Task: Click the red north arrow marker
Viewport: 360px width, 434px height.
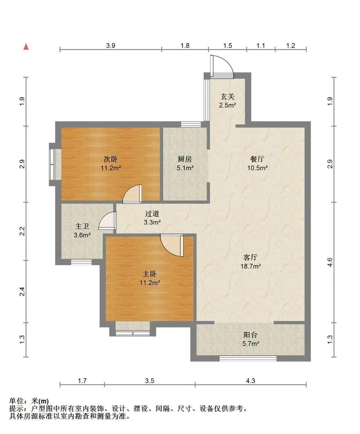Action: (x=26, y=47)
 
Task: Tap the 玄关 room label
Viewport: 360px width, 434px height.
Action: (x=227, y=97)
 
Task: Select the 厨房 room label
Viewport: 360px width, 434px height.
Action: (x=185, y=159)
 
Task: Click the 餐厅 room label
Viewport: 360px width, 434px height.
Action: (x=257, y=159)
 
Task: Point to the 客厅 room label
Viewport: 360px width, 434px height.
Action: (x=251, y=257)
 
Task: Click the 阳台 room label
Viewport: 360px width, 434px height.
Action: (x=251, y=335)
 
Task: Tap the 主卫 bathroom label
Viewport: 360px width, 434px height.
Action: (x=82, y=226)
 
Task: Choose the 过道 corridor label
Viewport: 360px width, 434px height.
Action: (x=152, y=213)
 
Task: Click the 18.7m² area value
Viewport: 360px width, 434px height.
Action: (x=251, y=266)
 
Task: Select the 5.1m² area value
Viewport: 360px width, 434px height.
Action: (x=185, y=168)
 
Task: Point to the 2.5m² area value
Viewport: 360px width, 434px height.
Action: (x=227, y=105)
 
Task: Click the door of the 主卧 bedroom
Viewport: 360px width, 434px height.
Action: (x=172, y=245)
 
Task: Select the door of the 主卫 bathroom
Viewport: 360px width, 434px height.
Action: (x=107, y=221)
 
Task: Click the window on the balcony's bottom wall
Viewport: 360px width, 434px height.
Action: (x=248, y=358)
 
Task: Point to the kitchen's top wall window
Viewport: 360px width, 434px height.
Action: (x=191, y=124)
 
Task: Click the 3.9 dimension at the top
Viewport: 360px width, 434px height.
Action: (x=111, y=46)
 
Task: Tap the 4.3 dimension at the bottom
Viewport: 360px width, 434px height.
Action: (x=251, y=381)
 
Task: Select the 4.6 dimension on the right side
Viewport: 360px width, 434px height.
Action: (x=330, y=262)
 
